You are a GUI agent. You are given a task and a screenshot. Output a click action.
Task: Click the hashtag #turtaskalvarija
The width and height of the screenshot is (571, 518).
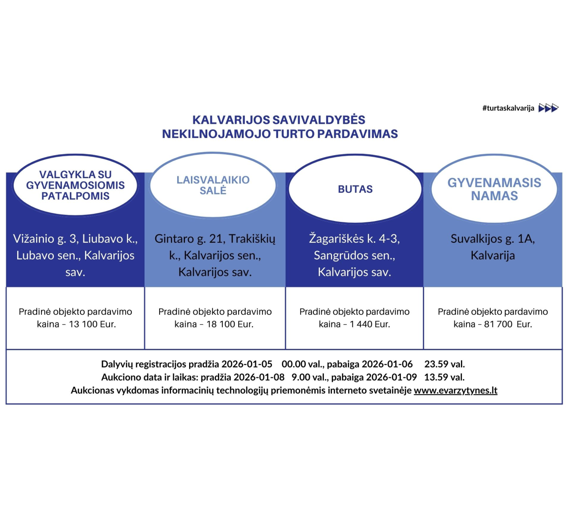(508, 108)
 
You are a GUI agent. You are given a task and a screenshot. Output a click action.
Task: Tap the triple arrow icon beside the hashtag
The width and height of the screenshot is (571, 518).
(548, 108)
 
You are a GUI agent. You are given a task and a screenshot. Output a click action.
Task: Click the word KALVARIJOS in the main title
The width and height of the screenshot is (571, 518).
(232, 120)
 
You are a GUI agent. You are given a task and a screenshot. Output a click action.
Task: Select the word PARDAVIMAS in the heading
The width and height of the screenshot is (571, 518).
(358, 134)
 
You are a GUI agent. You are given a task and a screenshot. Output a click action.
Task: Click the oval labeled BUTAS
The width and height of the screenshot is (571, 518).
(355, 189)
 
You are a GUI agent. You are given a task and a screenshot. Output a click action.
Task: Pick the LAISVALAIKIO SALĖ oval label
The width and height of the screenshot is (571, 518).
(213, 185)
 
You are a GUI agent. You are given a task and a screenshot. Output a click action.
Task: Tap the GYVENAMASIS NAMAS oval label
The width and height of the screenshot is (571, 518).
(494, 189)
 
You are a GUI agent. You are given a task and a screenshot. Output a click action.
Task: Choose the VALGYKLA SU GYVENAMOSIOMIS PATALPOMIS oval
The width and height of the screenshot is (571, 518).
(76, 185)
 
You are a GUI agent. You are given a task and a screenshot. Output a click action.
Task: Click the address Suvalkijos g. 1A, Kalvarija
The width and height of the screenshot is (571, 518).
(493, 247)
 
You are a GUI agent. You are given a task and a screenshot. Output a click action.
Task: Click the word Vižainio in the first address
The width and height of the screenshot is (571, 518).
(34, 239)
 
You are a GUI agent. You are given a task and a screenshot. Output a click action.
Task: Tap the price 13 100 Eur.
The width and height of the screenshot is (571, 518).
(92, 324)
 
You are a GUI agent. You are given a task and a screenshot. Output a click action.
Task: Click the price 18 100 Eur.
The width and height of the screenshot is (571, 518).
(230, 324)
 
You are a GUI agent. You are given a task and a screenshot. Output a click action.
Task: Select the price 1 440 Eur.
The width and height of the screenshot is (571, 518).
(370, 324)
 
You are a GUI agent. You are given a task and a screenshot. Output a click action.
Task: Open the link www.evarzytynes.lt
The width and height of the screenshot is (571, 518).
(456, 390)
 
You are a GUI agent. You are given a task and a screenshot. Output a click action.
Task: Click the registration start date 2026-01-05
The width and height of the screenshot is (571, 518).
(247, 364)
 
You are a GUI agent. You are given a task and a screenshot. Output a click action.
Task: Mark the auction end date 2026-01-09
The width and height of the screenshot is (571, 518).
(392, 377)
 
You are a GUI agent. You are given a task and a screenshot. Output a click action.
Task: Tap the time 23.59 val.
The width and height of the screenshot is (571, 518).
(445, 364)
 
